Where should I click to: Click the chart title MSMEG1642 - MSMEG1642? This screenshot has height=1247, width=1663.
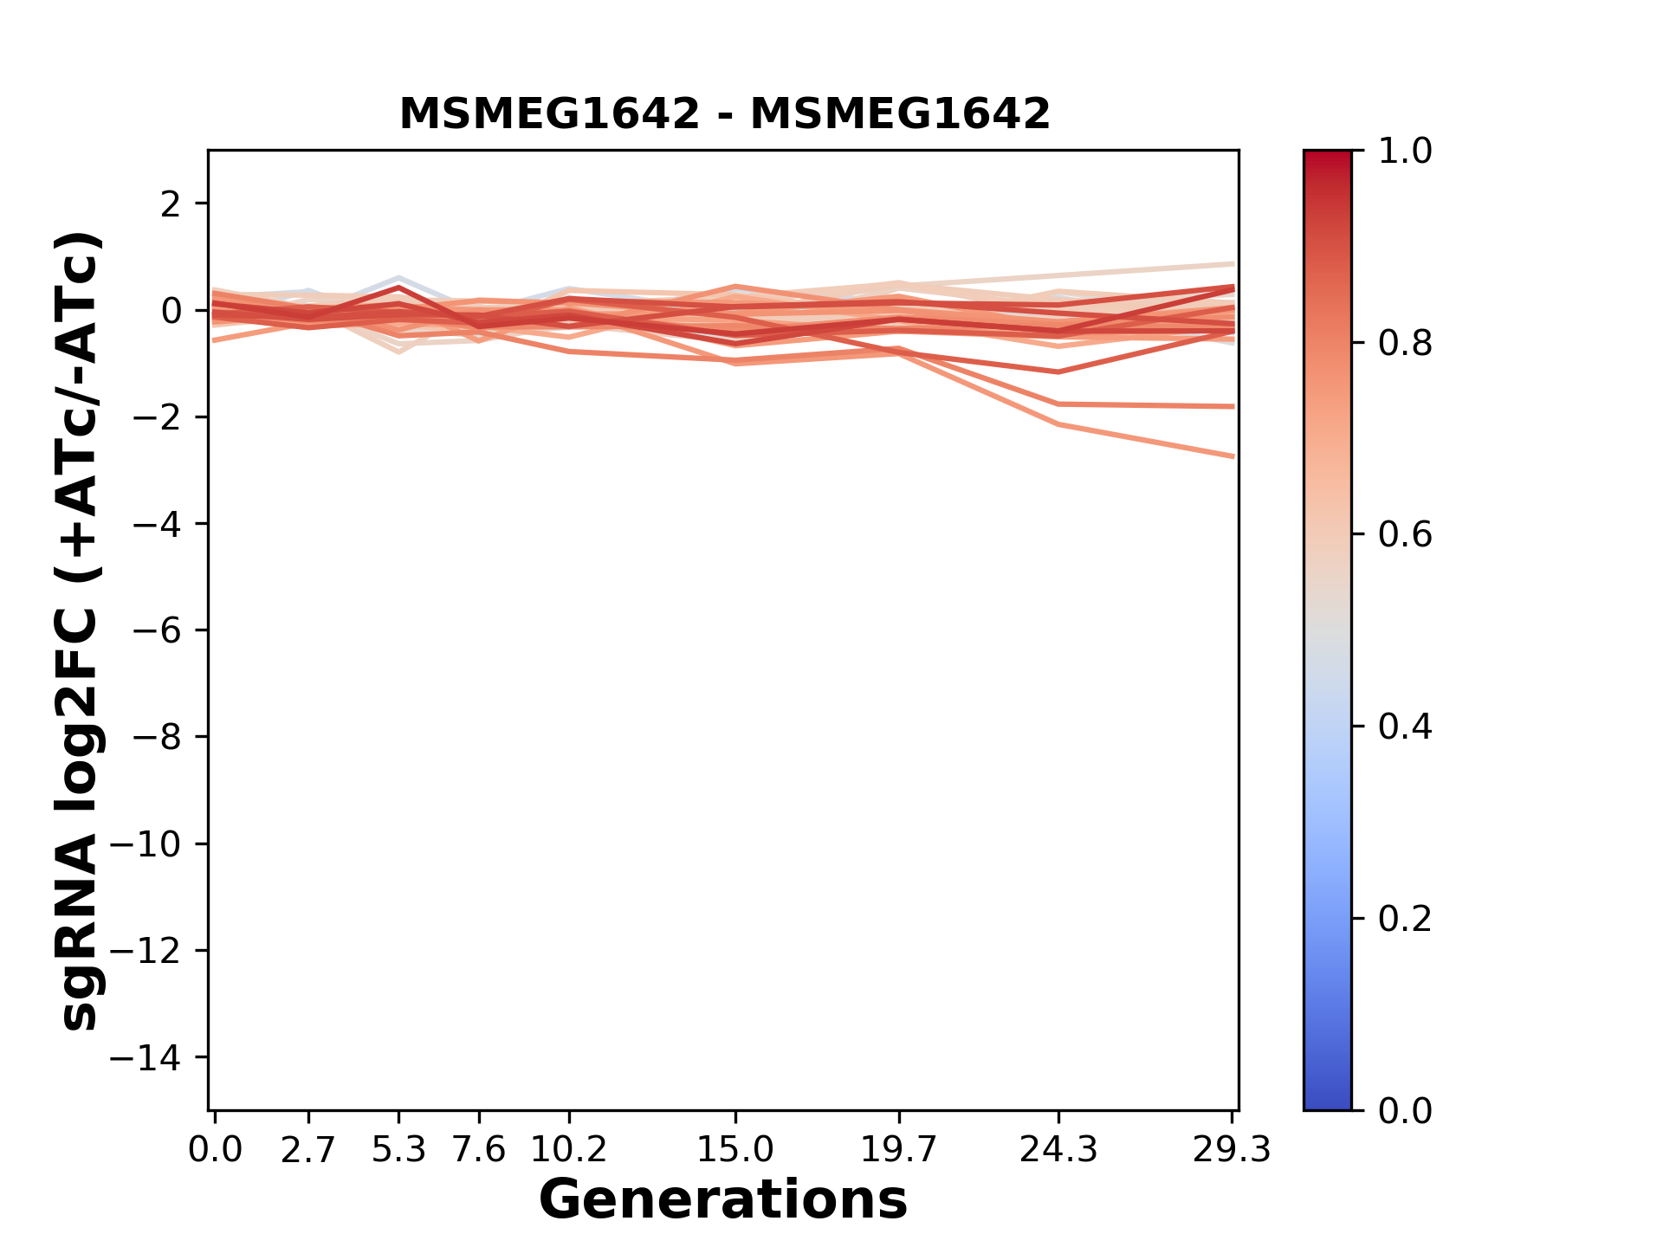click(724, 114)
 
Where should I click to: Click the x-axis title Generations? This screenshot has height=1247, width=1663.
click(723, 1200)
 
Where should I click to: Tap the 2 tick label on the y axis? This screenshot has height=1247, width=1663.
click(171, 204)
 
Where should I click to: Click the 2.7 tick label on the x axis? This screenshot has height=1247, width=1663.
click(308, 1150)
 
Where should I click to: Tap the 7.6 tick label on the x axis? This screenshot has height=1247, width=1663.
click(479, 1150)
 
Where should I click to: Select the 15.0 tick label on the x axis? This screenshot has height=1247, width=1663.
click(735, 1150)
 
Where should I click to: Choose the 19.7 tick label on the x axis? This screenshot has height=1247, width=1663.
click(899, 1150)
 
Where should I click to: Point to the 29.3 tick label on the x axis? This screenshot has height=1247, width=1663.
click(1232, 1150)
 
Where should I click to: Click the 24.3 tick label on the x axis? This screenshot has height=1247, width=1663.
click(1058, 1150)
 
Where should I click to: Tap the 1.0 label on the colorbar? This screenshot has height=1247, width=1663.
click(1405, 152)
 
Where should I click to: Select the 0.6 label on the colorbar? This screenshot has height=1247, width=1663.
click(1405, 535)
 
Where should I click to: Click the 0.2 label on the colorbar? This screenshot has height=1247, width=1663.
click(1405, 919)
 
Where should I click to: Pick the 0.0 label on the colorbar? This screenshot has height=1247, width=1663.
click(1405, 1110)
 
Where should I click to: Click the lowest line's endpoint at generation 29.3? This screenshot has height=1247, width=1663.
click(1233, 456)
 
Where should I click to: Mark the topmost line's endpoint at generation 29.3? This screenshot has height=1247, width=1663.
click(1233, 263)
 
